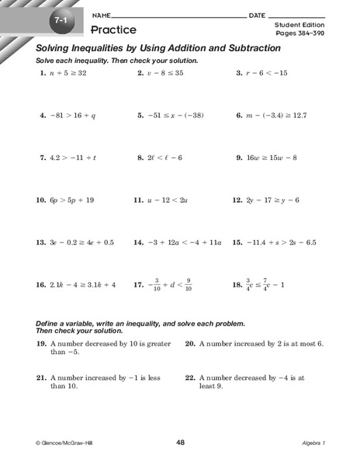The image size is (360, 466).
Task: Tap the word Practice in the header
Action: (x=113, y=30)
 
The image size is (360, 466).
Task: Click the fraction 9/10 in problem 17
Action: (x=189, y=284)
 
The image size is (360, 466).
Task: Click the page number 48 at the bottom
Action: (x=180, y=442)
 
